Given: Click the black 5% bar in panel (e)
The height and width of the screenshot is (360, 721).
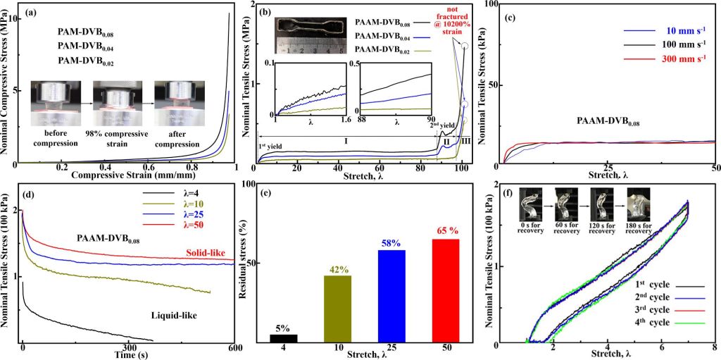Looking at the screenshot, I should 284,338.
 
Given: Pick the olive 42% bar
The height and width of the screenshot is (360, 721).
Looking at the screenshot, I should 337,309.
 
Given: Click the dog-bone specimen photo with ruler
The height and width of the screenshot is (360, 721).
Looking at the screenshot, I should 307,35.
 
